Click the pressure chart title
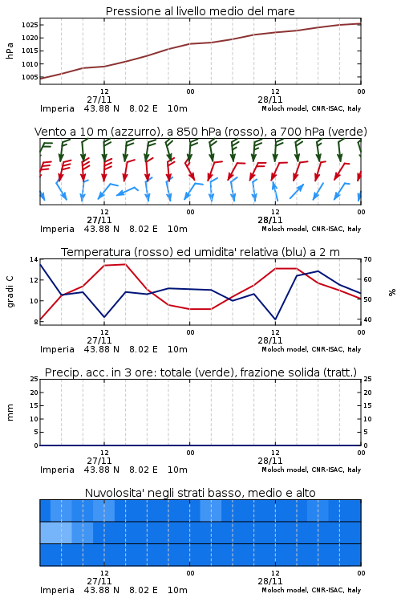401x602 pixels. coord(200,11)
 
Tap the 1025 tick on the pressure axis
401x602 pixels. coord(30,25)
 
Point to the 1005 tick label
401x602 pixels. coord(30,77)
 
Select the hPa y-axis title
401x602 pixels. coord(10,51)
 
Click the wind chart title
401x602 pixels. coord(200,132)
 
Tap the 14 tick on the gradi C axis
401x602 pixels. coord(34,259)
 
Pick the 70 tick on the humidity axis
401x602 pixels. coord(367,259)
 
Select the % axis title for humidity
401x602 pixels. coord(392,292)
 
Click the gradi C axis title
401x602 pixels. coord(10,291)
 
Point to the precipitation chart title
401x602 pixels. coord(200,372)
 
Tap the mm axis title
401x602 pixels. coord(10,413)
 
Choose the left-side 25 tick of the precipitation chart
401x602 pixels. coord(34,380)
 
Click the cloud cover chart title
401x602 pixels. coord(200,493)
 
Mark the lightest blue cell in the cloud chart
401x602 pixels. coord(56,533)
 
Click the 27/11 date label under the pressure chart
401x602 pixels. coord(99,100)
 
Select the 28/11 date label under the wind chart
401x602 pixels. coord(270,221)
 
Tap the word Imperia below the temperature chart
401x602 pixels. coord(57,350)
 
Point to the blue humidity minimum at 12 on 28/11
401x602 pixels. coord(275,319)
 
